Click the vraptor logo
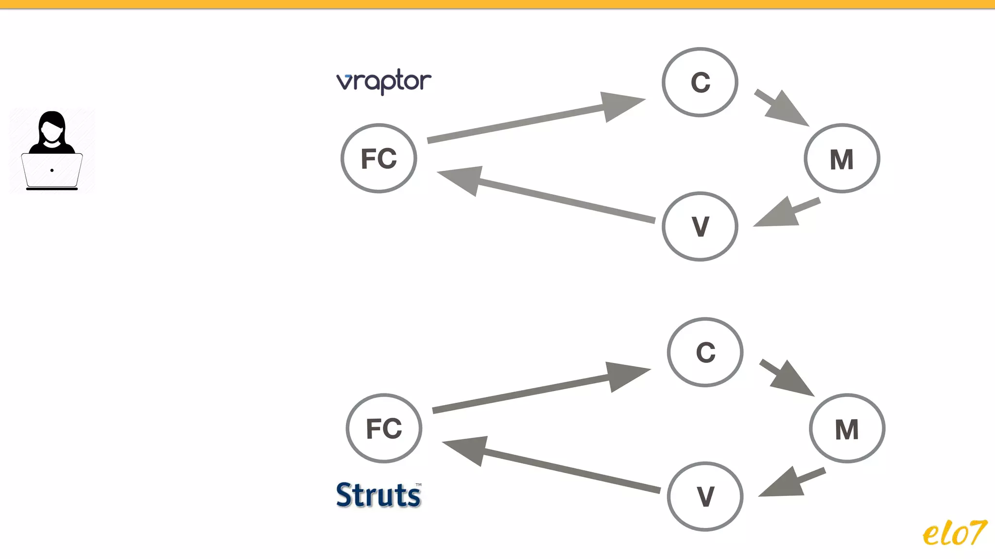tap(383, 82)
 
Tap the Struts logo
tap(378, 495)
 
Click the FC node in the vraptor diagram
tap(379, 158)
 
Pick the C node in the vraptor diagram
tap(700, 82)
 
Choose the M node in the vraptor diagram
tap(842, 159)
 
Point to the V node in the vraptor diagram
tap(700, 227)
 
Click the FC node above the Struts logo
tap(384, 428)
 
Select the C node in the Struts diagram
tap(705, 352)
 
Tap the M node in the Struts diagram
tap(847, 429)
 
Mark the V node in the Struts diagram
tap(705, 496)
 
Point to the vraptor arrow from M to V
tap(787, 213)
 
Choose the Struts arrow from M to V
tap(792, 483)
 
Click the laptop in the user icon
tap(52, 170)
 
